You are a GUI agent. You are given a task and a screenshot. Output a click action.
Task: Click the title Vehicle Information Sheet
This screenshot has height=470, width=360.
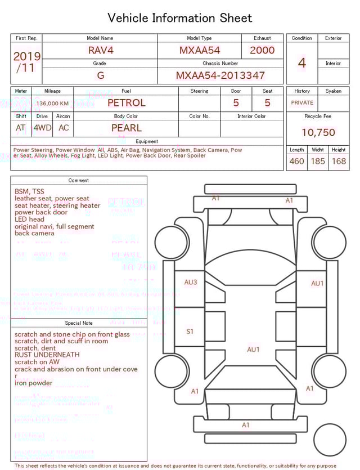click(x=180, y=18)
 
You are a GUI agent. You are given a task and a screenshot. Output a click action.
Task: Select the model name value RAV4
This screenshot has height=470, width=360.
click(x=101, y=50)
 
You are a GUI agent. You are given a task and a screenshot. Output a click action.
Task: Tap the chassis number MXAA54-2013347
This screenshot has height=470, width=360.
click(x=220, y=75)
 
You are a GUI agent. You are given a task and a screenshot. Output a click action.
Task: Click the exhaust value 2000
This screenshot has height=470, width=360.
click(x=262, y=50)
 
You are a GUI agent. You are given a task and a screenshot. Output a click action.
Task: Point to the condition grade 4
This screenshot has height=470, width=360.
click(x=301, y=63)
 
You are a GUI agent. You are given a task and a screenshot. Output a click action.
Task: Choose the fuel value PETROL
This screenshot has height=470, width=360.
click(x=126, y=102)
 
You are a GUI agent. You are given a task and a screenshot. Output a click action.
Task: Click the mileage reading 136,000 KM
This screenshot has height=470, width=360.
click(x=52, y=104)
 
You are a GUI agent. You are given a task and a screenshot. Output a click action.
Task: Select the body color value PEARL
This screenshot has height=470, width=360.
click(x=126, y=128)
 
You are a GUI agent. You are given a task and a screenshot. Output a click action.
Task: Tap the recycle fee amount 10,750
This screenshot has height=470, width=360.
click(x=318, y=132)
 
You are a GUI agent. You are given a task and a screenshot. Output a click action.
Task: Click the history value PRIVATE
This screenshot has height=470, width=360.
click(x=302, y=103)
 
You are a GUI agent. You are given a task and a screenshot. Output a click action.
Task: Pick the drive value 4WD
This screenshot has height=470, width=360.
click(x=42, y=128)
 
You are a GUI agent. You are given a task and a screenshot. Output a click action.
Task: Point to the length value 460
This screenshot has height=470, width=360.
click(x=296, y=161)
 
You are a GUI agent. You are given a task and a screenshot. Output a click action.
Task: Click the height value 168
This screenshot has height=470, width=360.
click(x=339, y=161)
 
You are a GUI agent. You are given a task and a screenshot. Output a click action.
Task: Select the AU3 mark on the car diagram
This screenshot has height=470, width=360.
click(x=191, y=282)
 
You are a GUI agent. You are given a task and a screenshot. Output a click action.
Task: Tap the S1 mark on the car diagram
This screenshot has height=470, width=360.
click(x=190, y=332)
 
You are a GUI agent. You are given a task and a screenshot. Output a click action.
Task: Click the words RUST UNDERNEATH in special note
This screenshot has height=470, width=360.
click(x=47, y=355)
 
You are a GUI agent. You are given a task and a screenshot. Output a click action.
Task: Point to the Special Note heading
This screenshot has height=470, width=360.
click(x=79, y=323)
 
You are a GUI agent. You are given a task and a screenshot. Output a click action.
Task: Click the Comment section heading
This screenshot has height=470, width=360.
click(x=79, y=181)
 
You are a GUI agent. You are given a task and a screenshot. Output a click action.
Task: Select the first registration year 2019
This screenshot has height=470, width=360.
click(x=26, y=56)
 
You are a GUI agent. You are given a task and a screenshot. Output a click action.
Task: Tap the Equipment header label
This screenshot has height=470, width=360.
click(x=147, y=141)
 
